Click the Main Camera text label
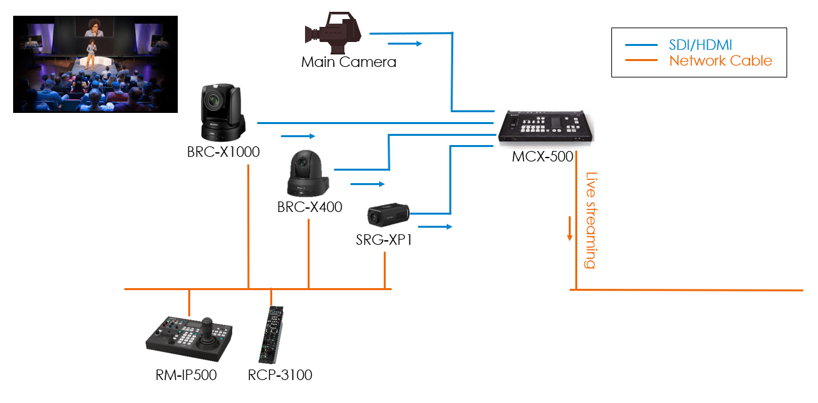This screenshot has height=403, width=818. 348,62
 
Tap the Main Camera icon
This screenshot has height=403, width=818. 333,32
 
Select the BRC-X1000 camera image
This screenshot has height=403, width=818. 222,113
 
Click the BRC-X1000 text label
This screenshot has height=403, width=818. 223,152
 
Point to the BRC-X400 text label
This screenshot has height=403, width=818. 310,207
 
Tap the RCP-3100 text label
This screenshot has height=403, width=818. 280,375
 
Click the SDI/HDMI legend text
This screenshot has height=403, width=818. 700,45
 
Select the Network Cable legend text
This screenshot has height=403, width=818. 720,61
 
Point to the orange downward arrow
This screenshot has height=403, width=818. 570,228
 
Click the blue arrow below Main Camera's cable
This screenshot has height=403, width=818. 405,43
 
